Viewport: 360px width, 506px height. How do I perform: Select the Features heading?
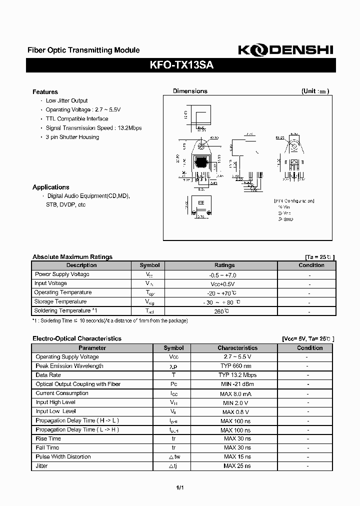click(45, 92)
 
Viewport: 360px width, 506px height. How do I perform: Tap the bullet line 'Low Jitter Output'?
click(66, 101)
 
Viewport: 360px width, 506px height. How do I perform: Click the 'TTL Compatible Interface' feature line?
click(76, 119)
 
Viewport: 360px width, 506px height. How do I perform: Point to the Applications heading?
click(50, 187)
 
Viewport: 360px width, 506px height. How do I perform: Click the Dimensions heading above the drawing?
click(190, 91)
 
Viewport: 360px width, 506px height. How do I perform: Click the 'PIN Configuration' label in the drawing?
click(294, 200)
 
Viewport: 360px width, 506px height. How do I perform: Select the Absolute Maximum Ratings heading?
click(72, 257)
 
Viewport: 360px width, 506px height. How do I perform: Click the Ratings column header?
click(224, 265)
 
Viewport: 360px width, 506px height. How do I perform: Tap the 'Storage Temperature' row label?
click(60, 301)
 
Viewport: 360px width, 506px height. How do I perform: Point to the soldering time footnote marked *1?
click(110, 320)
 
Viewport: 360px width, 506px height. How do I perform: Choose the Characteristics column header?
click(237, 348)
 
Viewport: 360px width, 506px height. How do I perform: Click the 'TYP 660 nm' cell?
click(237, 366)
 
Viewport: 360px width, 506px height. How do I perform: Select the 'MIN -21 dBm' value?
click(237, 384)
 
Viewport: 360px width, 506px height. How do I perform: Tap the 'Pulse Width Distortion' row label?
click(63, 456)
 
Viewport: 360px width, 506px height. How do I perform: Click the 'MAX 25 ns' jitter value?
click(237, 466)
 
